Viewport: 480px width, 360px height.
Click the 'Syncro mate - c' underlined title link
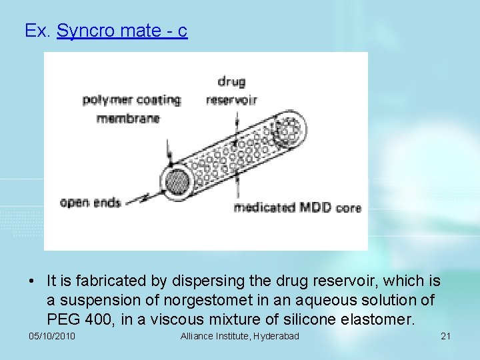(122, 31)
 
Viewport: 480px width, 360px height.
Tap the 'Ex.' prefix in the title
(37, 31)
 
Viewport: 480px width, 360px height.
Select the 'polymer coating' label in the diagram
(131, 100)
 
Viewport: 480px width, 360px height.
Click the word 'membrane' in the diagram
(128, 119)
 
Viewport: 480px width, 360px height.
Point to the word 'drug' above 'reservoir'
(231, 82)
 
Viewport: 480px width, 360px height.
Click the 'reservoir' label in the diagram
(231, 100)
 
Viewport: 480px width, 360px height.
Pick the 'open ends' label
(90, 202)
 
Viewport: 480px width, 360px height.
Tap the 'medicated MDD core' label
(297, 207)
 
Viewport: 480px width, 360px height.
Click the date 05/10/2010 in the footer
(52, 336)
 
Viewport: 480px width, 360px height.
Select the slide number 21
(446, 336)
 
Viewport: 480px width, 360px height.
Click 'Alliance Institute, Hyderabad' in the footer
(240, 336)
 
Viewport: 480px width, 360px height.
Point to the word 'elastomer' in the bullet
(379, 319)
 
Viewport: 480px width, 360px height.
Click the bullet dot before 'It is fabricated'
(32, 283)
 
